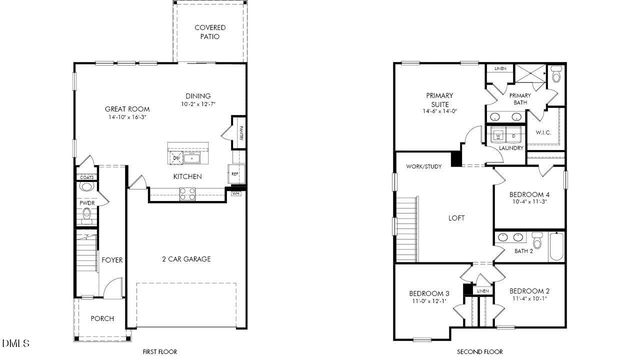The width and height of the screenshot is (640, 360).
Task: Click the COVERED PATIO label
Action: click(x=209, y=31)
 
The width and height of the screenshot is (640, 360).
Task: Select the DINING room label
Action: click(x=198, y=97)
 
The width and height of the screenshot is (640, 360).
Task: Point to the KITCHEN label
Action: click(x=187, y=176)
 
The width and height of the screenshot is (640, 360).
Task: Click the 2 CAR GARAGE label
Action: click(x=185, y=259)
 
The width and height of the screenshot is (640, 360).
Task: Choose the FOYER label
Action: click(x=112, y=260)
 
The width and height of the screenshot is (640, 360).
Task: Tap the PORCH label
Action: click(x=102, y=319)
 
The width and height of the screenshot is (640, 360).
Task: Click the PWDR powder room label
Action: click(x=86, y=203)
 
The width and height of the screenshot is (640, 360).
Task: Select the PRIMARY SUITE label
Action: click(x=440, y=101)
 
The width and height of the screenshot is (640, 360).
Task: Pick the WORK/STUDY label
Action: click(x=424, y=166)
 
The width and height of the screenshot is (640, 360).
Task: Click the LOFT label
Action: click(x=456, y=217)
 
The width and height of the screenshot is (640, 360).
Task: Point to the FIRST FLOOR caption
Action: click(x=159, y=352)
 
